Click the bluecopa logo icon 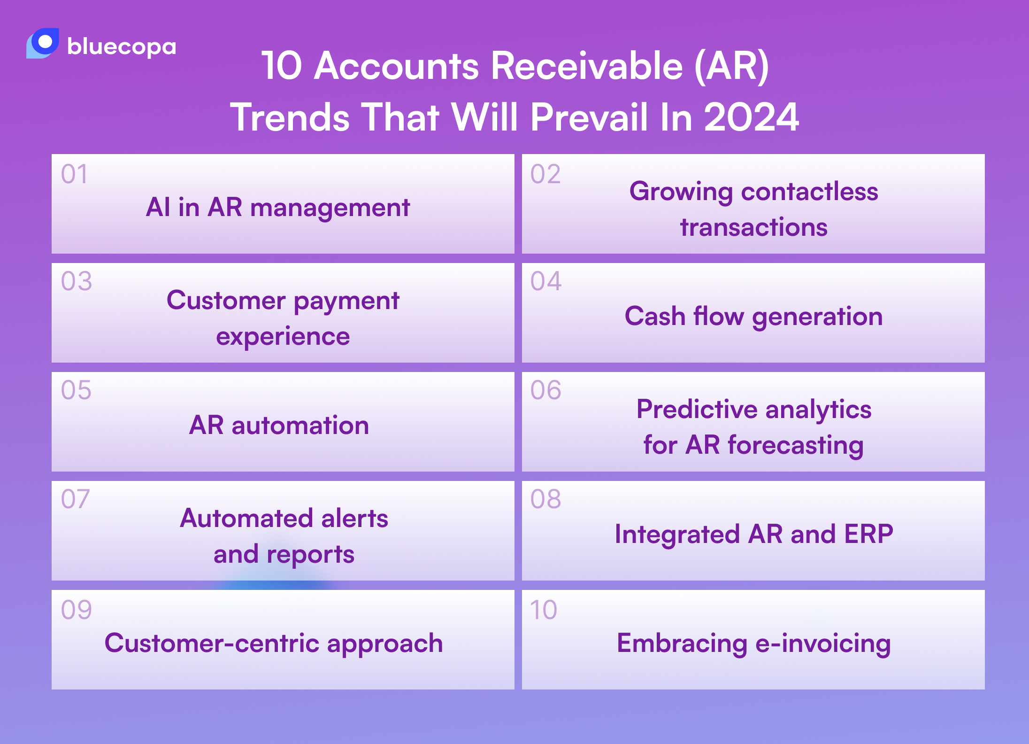coord(43,43)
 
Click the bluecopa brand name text coord(122,46)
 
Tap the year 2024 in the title coord(751,117)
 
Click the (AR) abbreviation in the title coord(731,66)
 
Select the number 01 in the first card coord(74,174)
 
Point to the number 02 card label coord(545,174)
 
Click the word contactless coord(809,192)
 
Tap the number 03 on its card coord(76,281)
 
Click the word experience coord(283,337)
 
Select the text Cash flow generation coord(753,316)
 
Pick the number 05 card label coord(76,390)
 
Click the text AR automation coord(279,426)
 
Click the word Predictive coord(697,409)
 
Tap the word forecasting coord(796,445)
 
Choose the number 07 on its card coord(75,499)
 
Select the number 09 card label coord(76,610)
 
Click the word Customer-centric coord(211,643)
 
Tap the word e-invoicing coord(823,643)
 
